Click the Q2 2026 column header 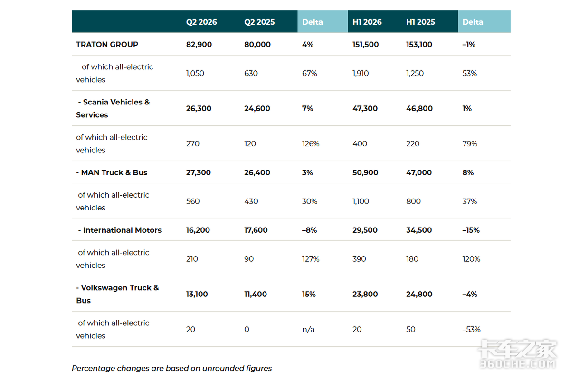tap(201, 22)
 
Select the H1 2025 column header tap(420, 22)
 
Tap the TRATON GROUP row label tap(107, 44)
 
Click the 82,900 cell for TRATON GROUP tap(199, 45)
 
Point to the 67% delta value tap(309, 73)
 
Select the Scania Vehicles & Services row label tap(113, 108)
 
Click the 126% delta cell tap(311, 143)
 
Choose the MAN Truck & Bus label tap(112, 172)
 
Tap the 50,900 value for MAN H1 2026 tap(365, 172)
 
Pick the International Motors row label tap(120, 230)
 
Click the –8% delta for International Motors tap(309, 230)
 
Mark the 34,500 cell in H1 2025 tap(419, 230)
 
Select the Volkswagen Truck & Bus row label tap(117, 294)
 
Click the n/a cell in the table tap(308, 329)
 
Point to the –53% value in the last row tap(471, 329)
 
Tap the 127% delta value tap(311, 259)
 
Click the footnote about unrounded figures tap(172, 368)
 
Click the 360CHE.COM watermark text tap(518, 364)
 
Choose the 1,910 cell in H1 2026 tap(361, 73)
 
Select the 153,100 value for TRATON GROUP tap(419, 45)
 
